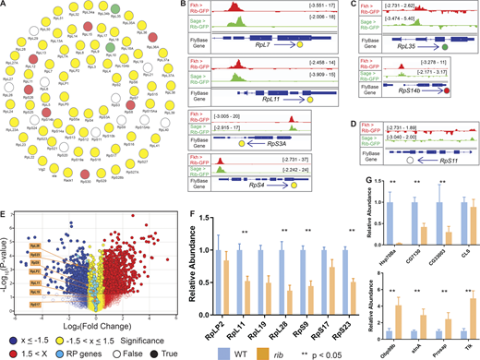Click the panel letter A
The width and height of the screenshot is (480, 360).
pos(6,6)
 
